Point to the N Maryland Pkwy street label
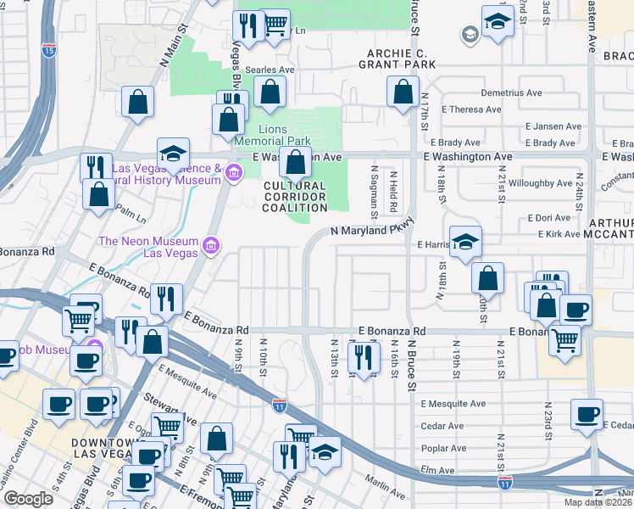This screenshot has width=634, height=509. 372,230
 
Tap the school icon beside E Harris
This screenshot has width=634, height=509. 465,243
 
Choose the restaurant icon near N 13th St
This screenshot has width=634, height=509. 364,357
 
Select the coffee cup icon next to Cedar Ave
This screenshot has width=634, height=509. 587,415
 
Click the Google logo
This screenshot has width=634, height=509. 27,499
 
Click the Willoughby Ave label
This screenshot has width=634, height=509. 541,182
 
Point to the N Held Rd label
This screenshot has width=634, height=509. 393,191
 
